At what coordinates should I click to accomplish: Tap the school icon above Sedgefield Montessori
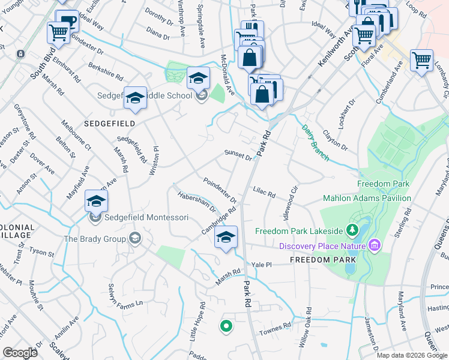tap(96, 202)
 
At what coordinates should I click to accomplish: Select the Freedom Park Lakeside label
tap(298, 231)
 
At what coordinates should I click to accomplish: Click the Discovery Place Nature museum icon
tap(375, 245)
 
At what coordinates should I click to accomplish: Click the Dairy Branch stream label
tap(315, 143)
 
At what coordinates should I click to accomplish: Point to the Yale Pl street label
tap(262, 264)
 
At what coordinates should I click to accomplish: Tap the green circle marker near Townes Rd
tap(226, 326)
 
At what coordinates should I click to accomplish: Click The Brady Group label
tap(95, 239)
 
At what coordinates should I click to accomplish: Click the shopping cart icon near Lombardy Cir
tap(421, 61)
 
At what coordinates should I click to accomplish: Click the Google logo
tap(20, 352)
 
